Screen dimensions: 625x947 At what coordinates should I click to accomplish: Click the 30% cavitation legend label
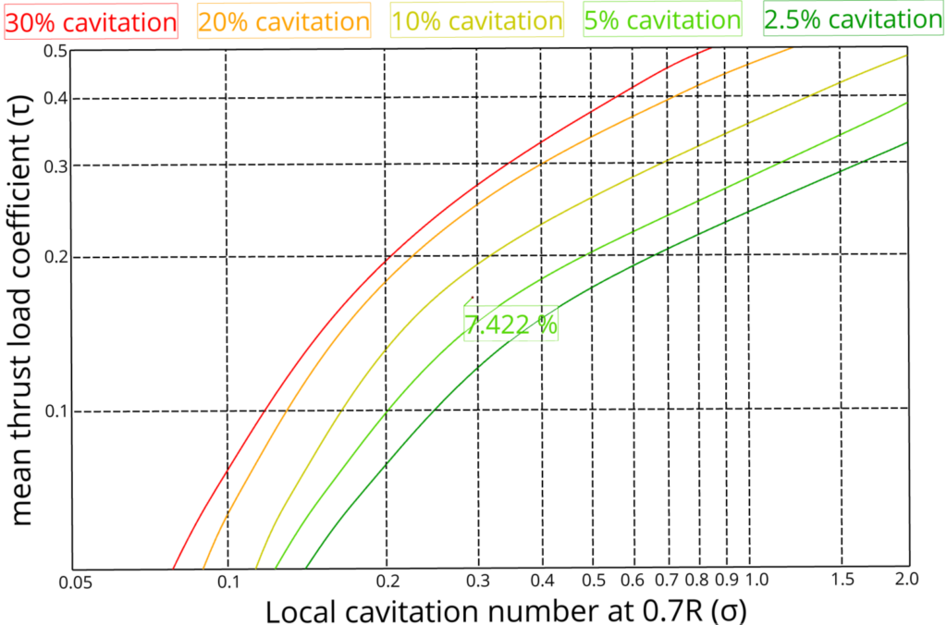(91, 20)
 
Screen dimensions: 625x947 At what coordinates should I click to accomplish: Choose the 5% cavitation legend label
(662, 19)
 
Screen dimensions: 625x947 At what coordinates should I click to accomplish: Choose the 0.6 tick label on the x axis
(633, 580)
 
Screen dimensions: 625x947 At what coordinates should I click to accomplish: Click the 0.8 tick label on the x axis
(699, 580)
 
